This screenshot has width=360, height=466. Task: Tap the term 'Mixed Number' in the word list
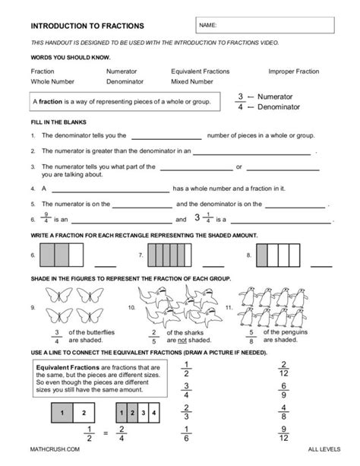coord(192,81)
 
